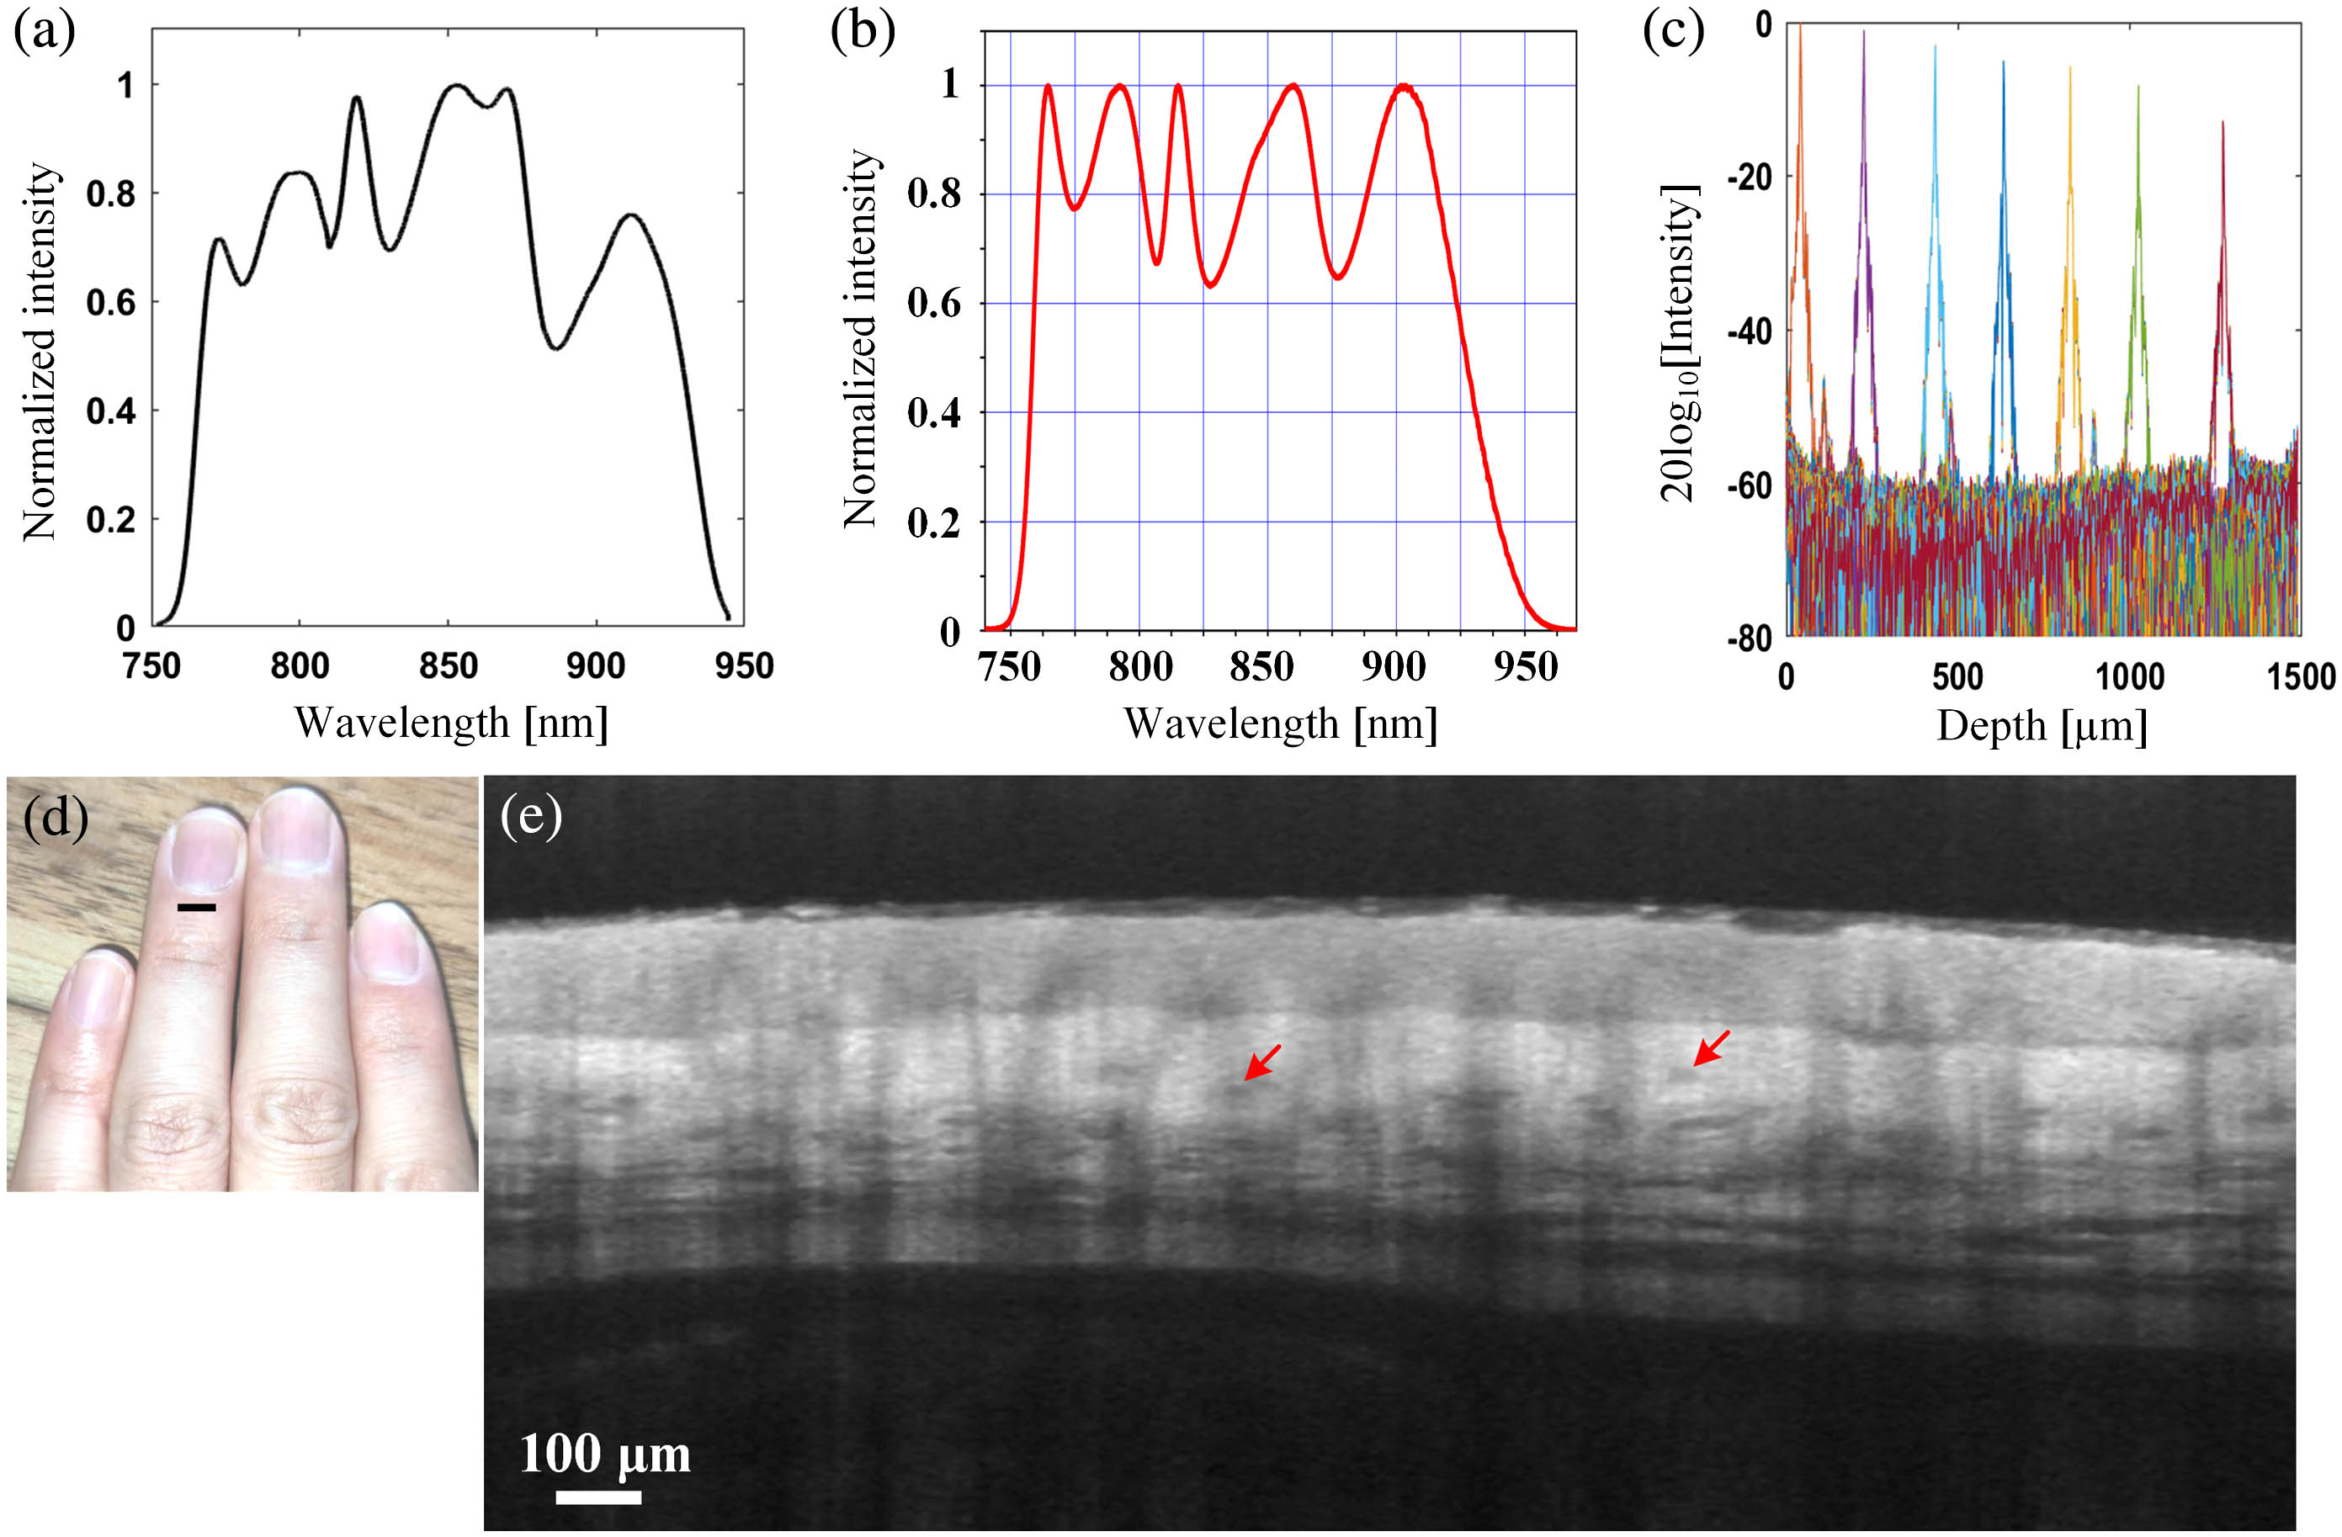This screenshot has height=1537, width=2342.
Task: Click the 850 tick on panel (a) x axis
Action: coord(448,667)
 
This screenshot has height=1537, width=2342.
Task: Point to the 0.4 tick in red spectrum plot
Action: coord(935,412)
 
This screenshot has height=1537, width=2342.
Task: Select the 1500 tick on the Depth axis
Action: coord(2300,677)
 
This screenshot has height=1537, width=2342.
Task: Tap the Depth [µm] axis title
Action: coord(2042,726)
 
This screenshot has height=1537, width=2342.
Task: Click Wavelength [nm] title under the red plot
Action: coord(1280,724)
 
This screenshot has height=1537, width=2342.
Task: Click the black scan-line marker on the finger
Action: coord(196,907)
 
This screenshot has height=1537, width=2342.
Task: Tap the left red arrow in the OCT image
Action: coord(1261,1063)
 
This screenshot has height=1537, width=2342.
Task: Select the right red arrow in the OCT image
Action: coord(1710,1048)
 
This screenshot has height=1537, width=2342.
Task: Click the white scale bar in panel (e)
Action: coord(598,1497)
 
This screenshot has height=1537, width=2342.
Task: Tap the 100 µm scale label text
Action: coord(604,1454)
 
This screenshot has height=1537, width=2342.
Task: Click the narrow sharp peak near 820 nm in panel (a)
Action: coord(355,98)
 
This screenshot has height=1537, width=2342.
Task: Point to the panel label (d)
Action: coord(55,817)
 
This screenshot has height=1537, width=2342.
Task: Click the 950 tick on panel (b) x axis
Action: coord(1524,667)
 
